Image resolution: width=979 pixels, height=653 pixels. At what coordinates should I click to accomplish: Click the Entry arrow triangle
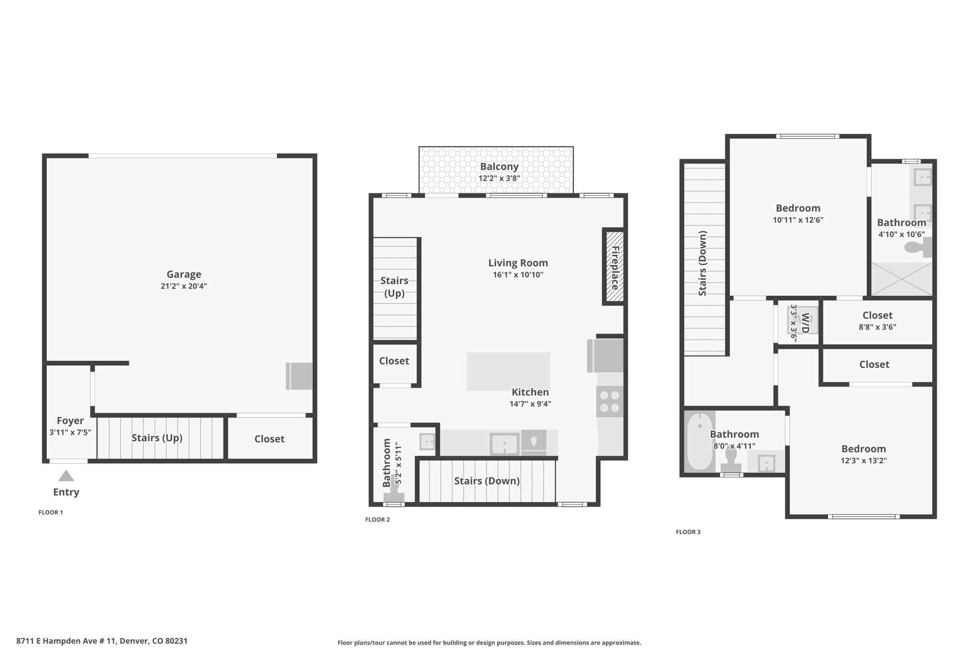click(x=66, y=476)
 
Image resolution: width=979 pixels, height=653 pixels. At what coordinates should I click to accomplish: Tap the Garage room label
click(x=184, y=275)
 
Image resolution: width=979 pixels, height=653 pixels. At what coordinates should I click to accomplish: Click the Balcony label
click(x=500, y=166)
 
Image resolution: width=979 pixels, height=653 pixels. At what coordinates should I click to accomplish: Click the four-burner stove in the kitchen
click(x=610, y=401)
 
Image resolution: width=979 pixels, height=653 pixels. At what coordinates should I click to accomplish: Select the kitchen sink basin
click(x=504, y=444)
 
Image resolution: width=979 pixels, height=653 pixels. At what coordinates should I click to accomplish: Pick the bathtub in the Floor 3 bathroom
click(x=700, y=441)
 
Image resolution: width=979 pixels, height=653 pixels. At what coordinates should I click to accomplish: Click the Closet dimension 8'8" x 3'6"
click(x=878, y=327)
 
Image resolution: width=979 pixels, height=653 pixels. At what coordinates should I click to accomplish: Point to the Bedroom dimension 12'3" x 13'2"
click(x=864, y=461)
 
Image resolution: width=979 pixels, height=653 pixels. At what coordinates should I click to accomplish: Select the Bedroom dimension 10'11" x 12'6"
click(x=798, y=220)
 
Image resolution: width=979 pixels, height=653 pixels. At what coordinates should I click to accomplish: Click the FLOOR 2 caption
click(x=378, y=520)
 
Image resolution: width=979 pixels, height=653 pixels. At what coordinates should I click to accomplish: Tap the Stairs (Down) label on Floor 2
click(x=487, y=481)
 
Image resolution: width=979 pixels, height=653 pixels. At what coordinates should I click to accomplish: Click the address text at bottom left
click(x=102, y=641)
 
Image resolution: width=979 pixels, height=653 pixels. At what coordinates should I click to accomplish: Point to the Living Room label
click(x=518, y=263)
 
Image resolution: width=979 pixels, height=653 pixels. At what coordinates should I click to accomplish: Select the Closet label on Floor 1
click(x=269, y=439)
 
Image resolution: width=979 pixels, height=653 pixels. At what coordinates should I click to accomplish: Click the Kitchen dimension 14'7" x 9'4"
click(x=530, y=404)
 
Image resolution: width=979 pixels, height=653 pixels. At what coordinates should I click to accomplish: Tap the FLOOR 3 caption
click(x=688, y=532)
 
